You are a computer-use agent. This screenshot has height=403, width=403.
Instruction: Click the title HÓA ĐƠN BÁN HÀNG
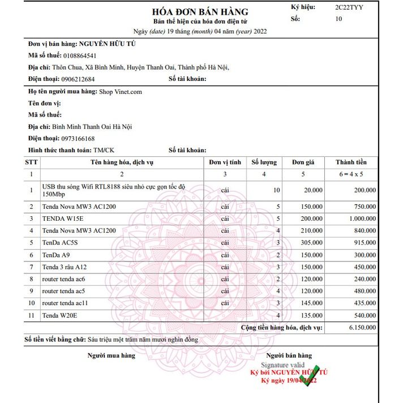pyautogui.click(x=201, y=12)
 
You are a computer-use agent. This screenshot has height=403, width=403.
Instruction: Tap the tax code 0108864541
pyautogui.click(x=80, y=55)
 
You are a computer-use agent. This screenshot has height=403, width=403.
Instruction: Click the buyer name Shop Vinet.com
pyautogui.click(x=121, y=92)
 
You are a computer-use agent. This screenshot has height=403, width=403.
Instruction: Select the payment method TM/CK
pyautogui.click(x=104, y=151)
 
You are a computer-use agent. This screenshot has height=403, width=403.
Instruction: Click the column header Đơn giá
pyautogui.click(x=302, y=162)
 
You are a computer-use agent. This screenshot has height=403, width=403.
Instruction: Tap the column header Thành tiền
pyautogui.click(x=351, y=162)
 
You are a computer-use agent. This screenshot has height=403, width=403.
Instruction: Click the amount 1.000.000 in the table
pyautogui.click(x=361, y=218)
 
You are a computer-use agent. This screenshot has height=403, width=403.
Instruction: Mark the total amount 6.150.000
pyautogui.click(x=360, y=328)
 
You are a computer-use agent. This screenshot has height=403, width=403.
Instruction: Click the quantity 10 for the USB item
pyautogui.click(x=276, y=190)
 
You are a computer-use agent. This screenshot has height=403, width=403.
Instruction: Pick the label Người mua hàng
pyautogui.click(x=111, y=355)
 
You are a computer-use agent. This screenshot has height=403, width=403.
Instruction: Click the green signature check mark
pyautogui.click(x=309, y=375)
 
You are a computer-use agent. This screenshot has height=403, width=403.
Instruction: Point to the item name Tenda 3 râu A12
pyautogui.click(x=65, y=267)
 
